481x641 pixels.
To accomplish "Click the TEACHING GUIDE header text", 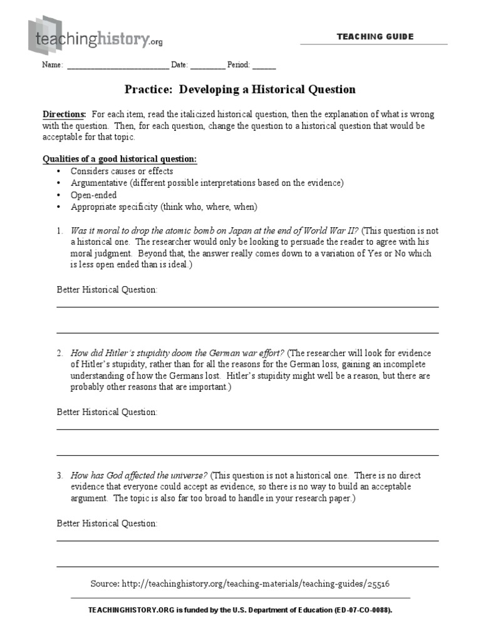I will [x=375, y=37].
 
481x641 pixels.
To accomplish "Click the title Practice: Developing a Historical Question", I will [x=240, y=90].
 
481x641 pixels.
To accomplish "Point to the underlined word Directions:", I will [x=65, y=115].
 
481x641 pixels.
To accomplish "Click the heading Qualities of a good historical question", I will [x=119, y=159].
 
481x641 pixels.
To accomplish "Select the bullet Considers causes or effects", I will [x=122, y=171].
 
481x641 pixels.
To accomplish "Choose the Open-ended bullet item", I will [x=93, y=195].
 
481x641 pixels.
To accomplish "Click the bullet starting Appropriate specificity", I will [x=163, y=207].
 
